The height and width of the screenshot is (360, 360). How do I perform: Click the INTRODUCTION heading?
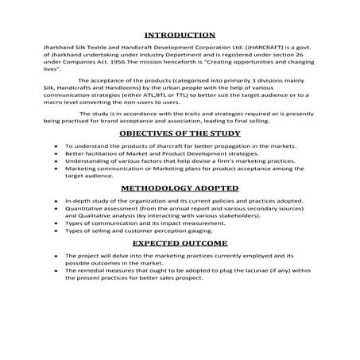(180, 35)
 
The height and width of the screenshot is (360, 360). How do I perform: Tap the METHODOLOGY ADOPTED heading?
(180, 188)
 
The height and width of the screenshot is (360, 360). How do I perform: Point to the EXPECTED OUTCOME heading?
(180, 242)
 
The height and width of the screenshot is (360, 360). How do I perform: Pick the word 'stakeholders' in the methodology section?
(234, 215)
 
